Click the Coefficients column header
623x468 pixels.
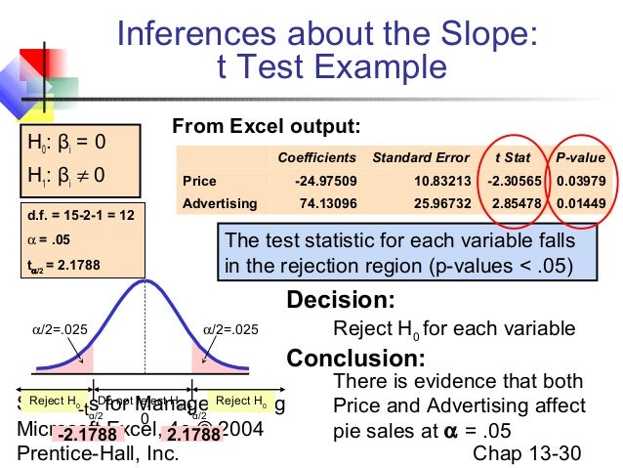[317, 157]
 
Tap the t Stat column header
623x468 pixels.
[510, 157]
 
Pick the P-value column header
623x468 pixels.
[580, 157]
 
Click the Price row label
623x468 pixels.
[199, 181]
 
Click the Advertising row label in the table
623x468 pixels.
[220, 203]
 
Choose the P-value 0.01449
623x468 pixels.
[581, 203]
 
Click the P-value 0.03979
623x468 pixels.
[581, 181]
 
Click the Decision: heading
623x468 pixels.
[340, 300]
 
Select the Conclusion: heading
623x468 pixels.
[354, 358]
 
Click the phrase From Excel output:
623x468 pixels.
[266, 126]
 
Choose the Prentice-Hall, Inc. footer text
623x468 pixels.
[98, 454]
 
